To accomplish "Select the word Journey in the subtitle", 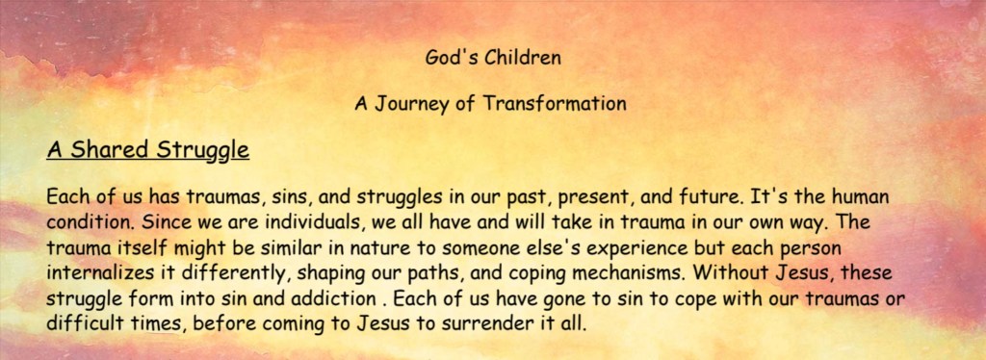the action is pyautogui.click(x=411, y=104).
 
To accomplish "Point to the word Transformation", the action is pyautogui.click(x=554, y=102).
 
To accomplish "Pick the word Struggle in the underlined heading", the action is pyautogui.click(x=202, y=151).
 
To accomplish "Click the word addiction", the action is pyautogui.click(x=338, y=299).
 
